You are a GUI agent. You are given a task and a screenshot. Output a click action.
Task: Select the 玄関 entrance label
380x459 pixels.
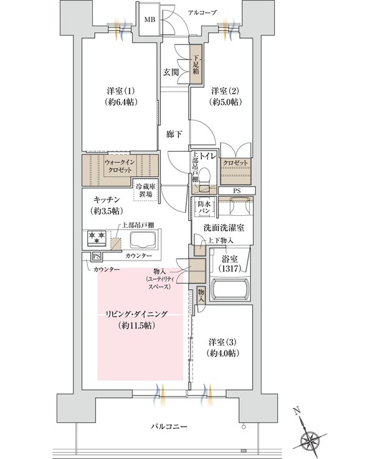pyautogui.click(x=172, y=72)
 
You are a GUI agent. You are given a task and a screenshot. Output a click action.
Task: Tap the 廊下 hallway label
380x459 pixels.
pyautogui.click(x=174, y=133)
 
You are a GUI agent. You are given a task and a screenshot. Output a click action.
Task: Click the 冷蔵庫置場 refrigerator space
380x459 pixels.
pyautogui.click(x=146, y=190)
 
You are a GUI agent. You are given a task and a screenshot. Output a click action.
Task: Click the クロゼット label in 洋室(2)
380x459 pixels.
pyautogui.click(x=237, y=163)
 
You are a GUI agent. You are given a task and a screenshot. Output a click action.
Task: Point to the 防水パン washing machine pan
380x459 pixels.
pyautogui.click(x=204, y=206)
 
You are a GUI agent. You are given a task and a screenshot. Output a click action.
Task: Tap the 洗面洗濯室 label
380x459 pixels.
pyautogui.click(x=223, y=226)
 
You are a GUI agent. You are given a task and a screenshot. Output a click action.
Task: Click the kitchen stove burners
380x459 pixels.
pyautogui.click(x=95, y=238)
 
